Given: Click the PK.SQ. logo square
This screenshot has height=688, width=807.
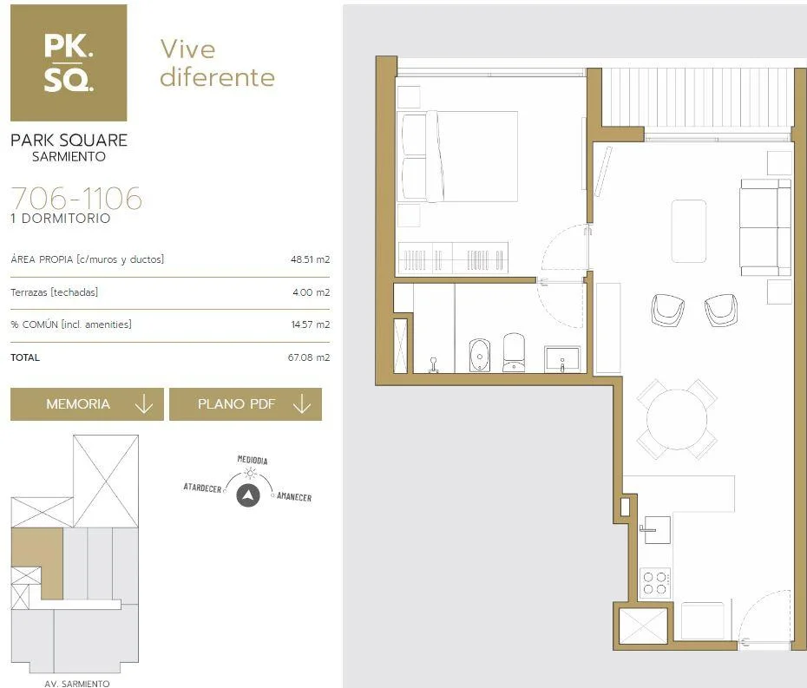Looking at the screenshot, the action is tap(69, 62).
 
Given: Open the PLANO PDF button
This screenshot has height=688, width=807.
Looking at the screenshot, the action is tap(246, 404).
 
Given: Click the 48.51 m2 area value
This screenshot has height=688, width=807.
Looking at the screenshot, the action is tap(310, 259).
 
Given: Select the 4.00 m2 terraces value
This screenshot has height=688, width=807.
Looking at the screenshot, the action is tap(311, 292).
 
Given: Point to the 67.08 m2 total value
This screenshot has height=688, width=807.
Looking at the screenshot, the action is tap(309, 357).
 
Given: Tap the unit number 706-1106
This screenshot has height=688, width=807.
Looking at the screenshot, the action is tap(76, 198).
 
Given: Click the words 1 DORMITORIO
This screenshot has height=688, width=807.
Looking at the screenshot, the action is tap(61, 218).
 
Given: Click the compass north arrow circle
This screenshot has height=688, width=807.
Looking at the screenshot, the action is tap(248, 495).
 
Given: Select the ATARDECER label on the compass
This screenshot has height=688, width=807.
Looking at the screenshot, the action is tap(202, 488).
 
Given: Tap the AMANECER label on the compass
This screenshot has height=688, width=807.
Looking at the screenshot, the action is tap(294, 496).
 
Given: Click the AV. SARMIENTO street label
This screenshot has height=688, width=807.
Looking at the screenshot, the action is tap(76, 684).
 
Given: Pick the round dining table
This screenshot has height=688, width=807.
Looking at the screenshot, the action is tap(677, 419).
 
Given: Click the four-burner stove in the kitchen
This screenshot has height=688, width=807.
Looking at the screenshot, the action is tap(655, 583).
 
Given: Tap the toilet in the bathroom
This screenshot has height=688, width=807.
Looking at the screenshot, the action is tap(514, 352).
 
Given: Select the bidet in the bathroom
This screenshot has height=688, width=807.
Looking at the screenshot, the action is tap(480, 355).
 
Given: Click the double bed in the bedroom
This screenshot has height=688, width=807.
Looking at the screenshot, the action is tap(458, 156).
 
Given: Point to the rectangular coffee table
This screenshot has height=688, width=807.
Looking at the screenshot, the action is tap(689, 231).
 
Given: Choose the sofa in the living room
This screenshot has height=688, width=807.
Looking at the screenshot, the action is tap(765, 228).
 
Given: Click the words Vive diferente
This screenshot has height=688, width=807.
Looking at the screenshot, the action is tap(217, 62).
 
